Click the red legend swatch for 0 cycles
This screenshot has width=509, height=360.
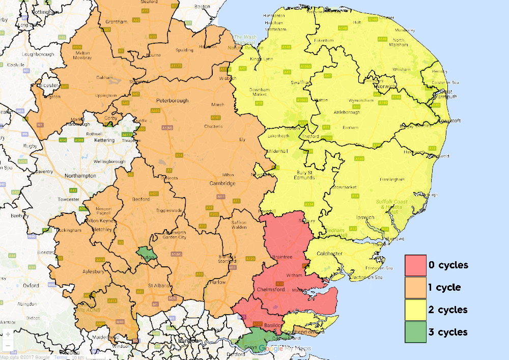(415, 265)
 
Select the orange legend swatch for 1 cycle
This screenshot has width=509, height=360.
(415, 288)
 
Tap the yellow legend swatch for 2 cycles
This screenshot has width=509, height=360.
(415, 310)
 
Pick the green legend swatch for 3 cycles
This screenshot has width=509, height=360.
(415, 332)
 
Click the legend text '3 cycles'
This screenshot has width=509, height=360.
(447, 332)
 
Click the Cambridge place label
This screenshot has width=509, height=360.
(222, 183)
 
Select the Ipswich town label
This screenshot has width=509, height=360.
(365, 217)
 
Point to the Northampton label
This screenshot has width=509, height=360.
(80, 176)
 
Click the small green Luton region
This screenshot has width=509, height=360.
(146, 253)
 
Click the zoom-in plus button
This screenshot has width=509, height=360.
(8, 335)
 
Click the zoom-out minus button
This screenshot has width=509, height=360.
(8, 346)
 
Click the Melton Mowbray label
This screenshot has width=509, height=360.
(83, 55)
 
